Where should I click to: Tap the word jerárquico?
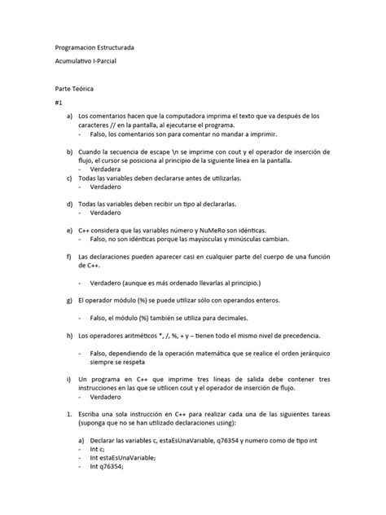[297, 354]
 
